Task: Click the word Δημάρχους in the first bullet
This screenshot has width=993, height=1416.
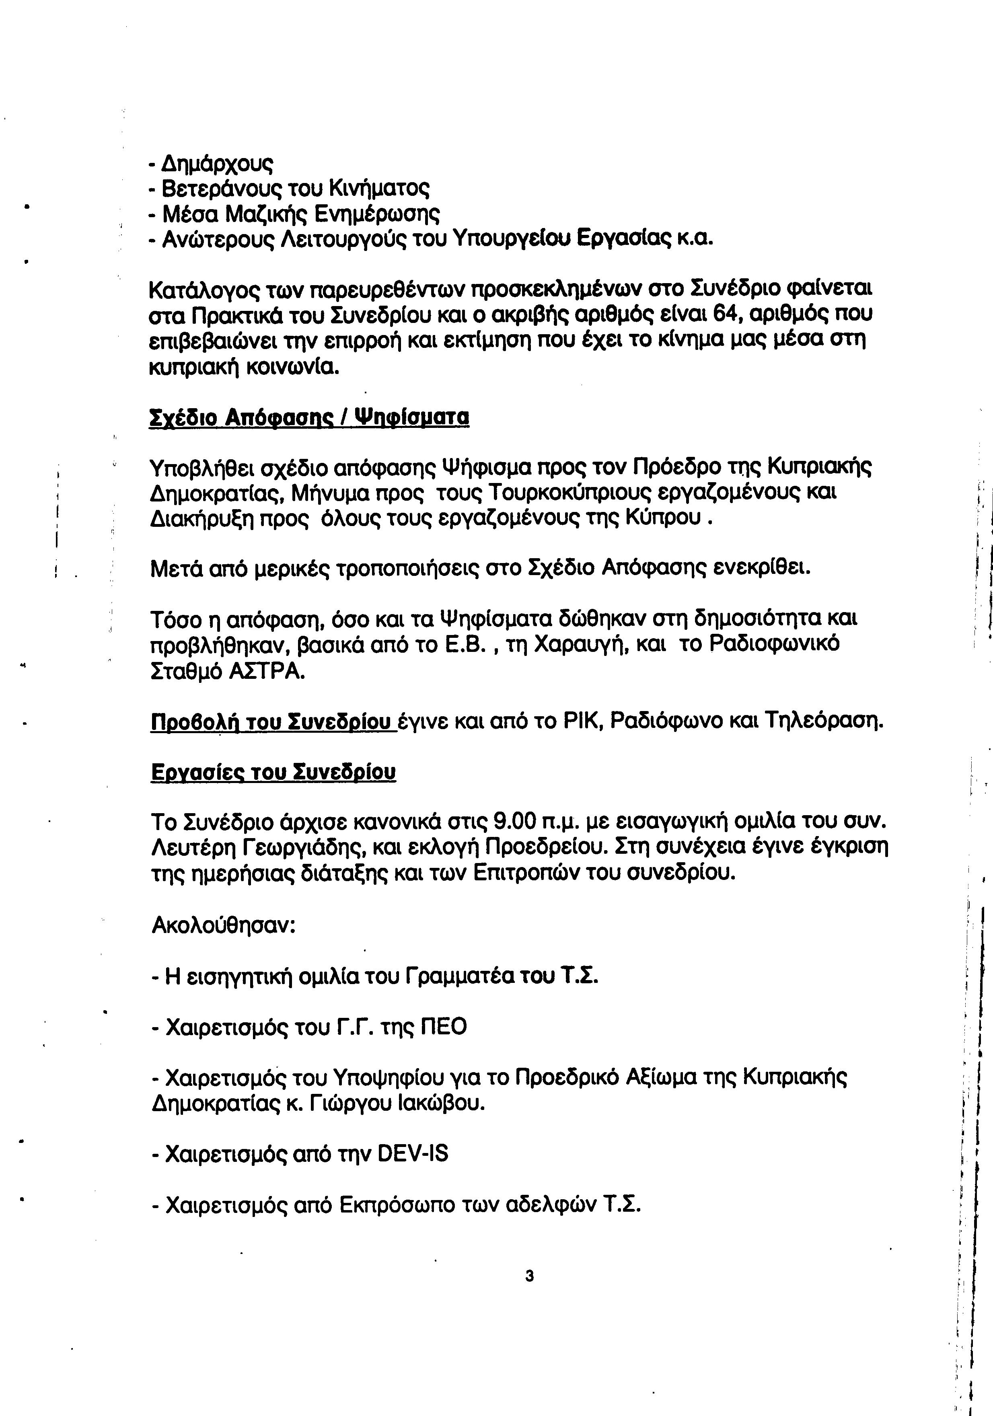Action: pyautogui.click(x=216, y=163)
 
